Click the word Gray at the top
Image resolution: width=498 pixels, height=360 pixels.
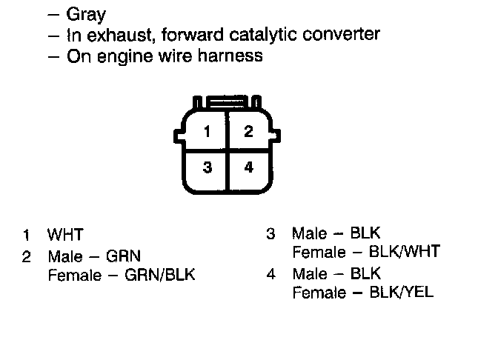[86, 15]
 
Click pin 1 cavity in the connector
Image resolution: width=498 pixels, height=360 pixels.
[207, 133]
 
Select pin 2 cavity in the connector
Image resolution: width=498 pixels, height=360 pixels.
[248, 133]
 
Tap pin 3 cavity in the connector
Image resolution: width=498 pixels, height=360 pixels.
[207, 167]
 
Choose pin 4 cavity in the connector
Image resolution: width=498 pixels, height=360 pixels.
[248, 167]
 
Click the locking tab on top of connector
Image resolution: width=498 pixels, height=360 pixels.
[228, 101]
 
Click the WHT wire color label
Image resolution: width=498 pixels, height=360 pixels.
[65, 236]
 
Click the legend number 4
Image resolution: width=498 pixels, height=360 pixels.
[270, 273]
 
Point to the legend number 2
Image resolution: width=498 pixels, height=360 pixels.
[26, 257]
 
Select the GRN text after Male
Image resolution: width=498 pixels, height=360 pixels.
[124, 256]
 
